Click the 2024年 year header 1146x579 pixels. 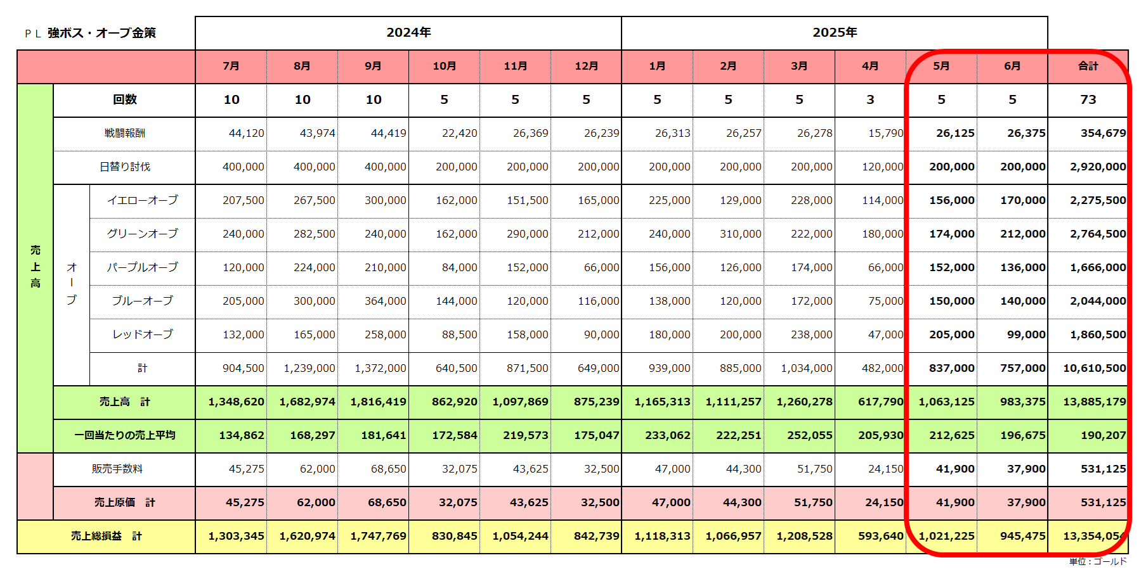(x=408, y=32)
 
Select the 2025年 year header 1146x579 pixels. (x=835, y=32)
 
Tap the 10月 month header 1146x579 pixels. (x=444, y=66)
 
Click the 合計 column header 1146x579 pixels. (x=1088, y=66)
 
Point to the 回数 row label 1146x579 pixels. (x=124, y=99)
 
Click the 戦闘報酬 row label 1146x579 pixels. (x=124, y=133)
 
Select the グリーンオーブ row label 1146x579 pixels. (x=142, y=234)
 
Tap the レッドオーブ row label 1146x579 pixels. (x=142, y=334)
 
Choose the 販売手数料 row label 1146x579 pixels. (x=117, y=469)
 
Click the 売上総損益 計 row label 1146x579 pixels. (x=106, y=536)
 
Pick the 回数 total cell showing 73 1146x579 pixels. (x=1088, y=99)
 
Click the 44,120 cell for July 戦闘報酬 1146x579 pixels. (x=246, y=133)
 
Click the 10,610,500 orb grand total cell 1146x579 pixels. (x=1094, y=368)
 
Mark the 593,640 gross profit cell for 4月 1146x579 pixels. (x=880, y=536)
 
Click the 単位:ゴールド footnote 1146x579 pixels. (x=1098, y=561)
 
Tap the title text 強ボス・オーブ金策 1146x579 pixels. (x=101, y=33)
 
